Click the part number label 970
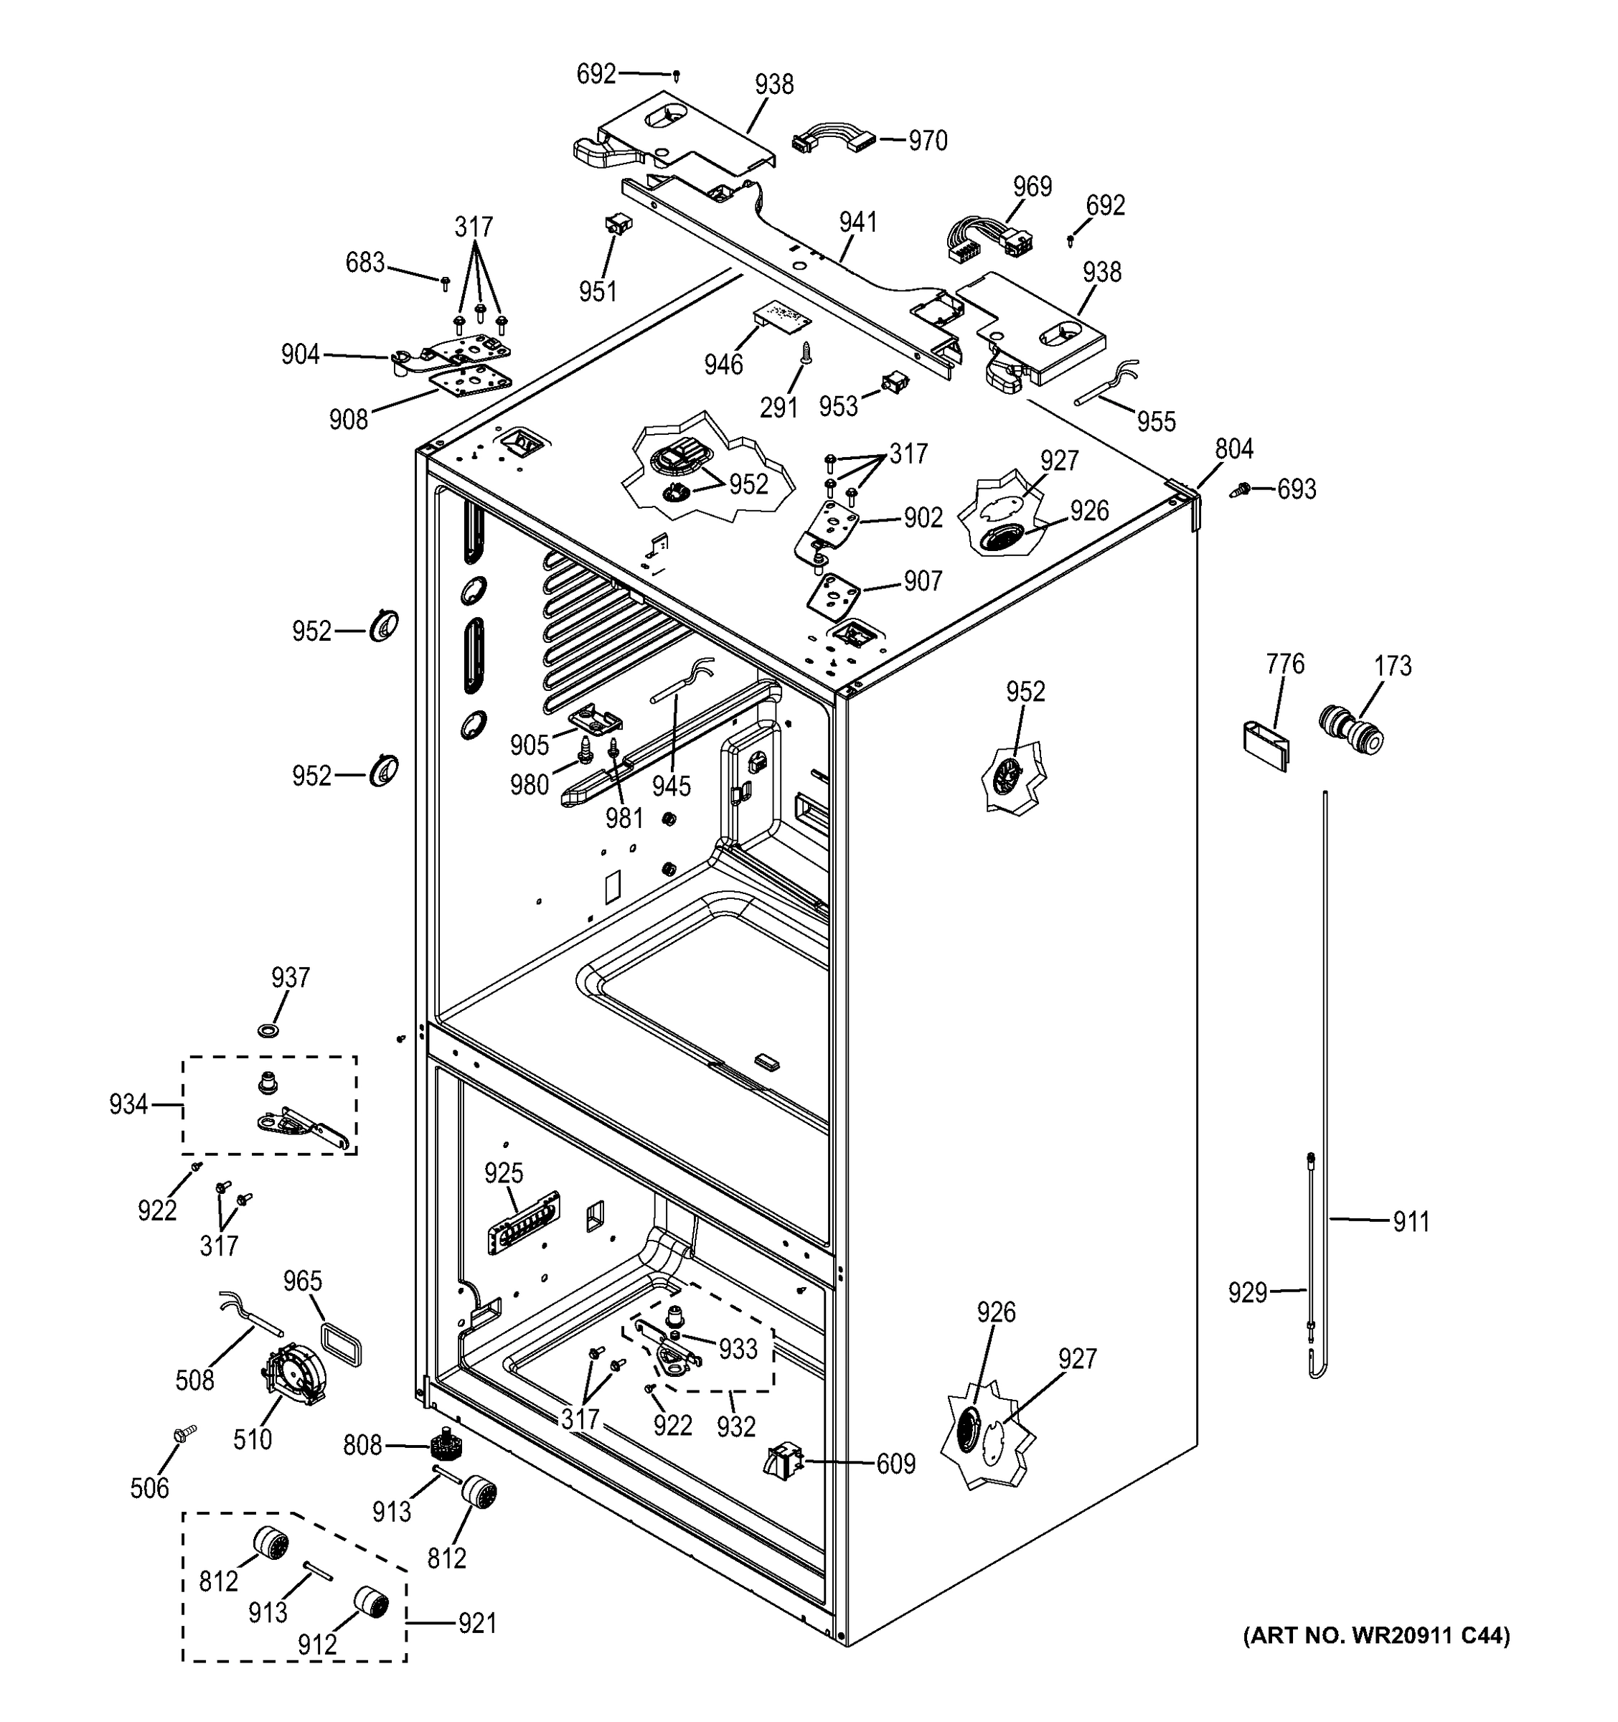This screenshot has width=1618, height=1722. coord(928,141)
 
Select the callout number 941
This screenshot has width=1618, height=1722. coord(857,222)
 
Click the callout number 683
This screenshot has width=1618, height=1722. coord(364,263)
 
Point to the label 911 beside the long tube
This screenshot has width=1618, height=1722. coord(1411,1221)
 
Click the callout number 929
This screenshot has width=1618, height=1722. coord(1247,1292)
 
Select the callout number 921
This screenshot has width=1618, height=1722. coord(477,1622)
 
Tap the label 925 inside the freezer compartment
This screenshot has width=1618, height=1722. coord(503,1173)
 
